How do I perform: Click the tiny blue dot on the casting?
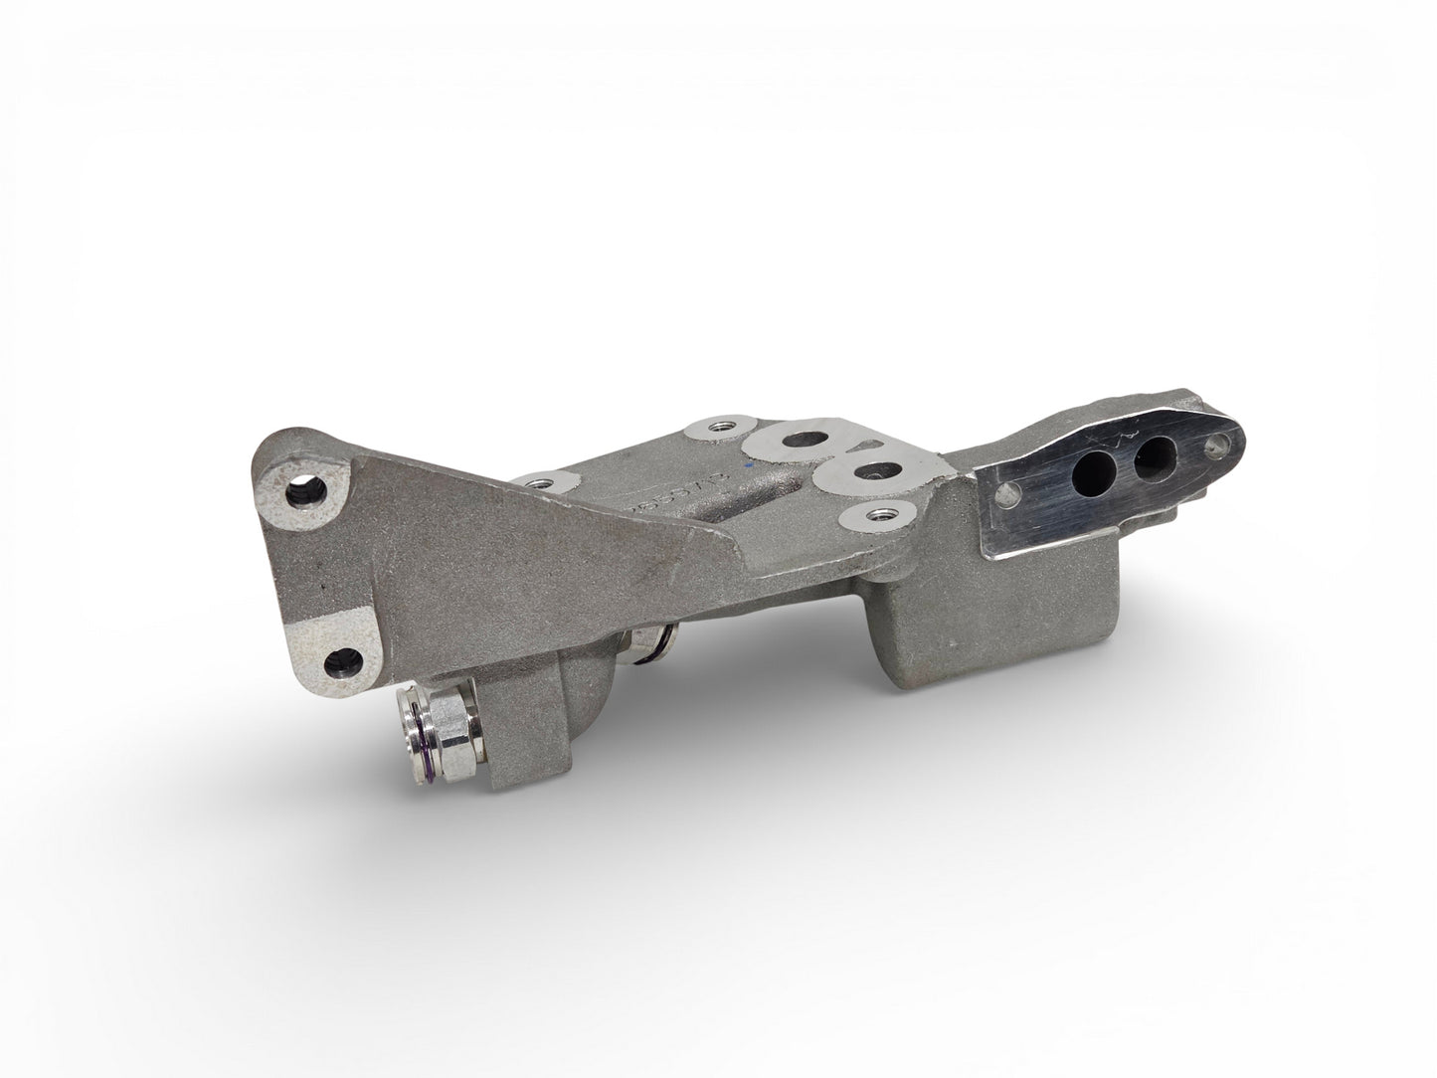coord(750,463)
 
